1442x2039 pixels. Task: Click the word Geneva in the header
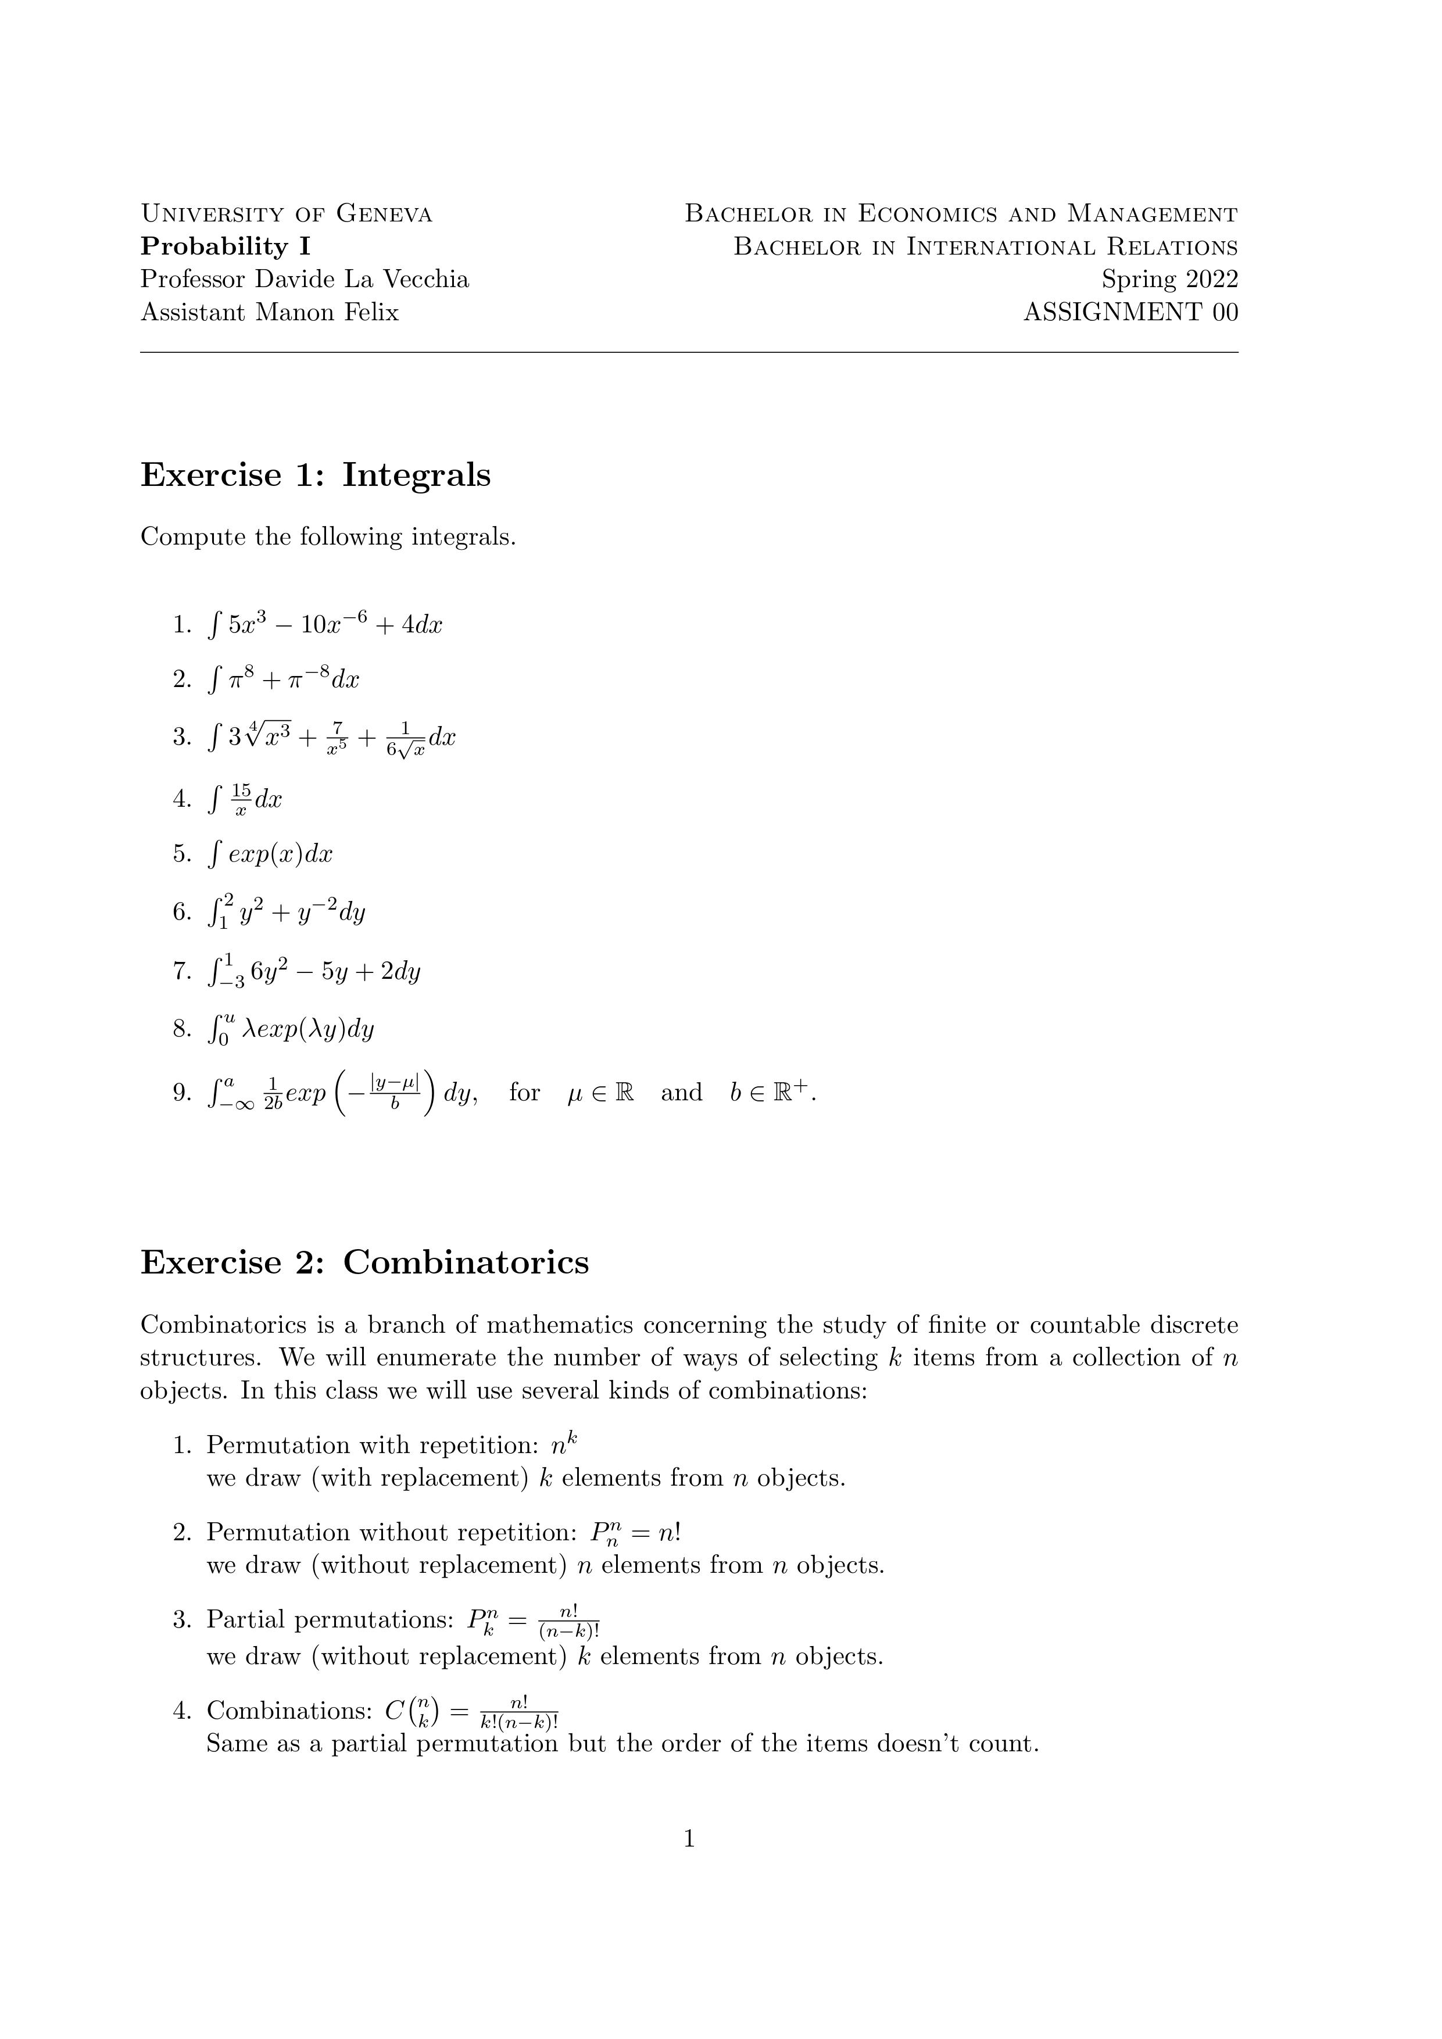pos(384,214)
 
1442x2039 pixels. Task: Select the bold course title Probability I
pos(226,247)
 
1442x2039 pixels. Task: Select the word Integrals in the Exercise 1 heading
pos(416,475)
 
